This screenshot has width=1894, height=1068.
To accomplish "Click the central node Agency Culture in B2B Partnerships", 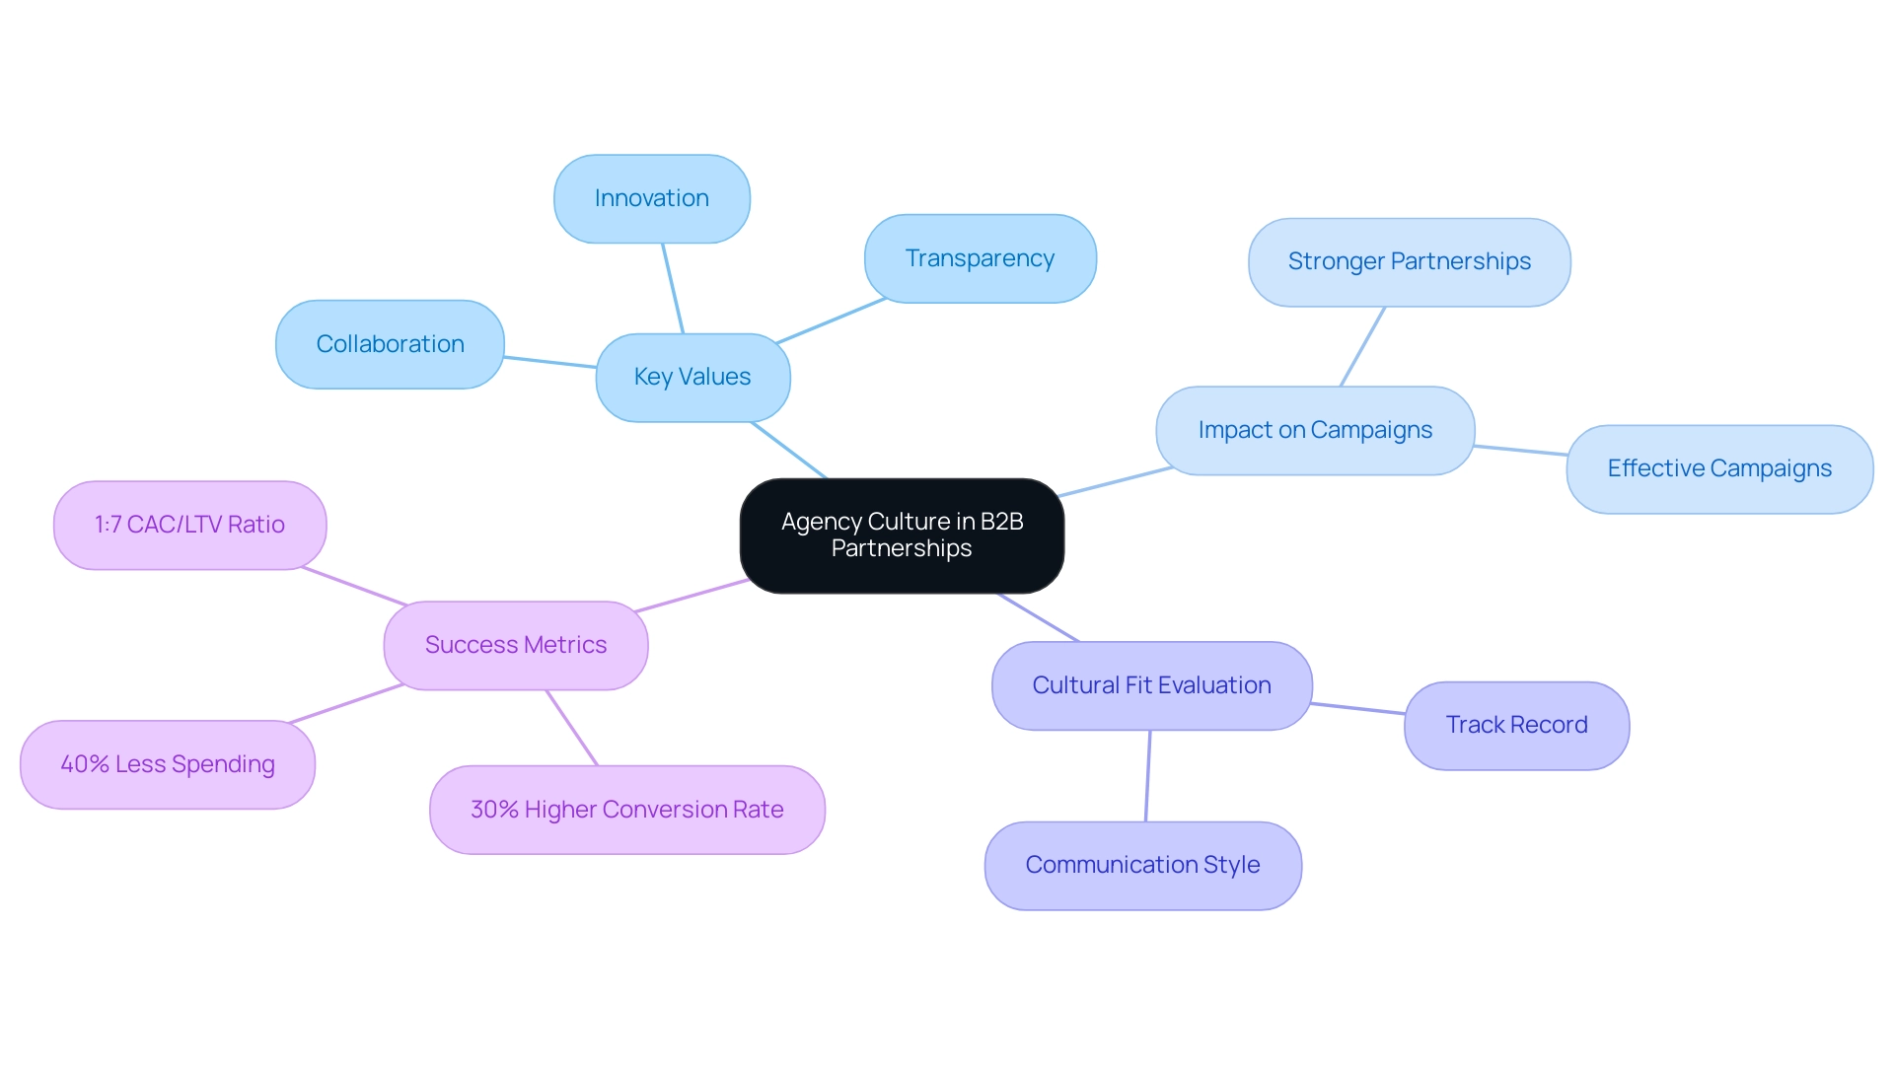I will tap(902, 535).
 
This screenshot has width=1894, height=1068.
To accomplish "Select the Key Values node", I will tap(692, 378).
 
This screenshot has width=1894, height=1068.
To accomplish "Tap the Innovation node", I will tap(651, 198).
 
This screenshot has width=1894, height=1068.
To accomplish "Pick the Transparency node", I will tap(980, 258).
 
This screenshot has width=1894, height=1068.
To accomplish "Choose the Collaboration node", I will tap(390, 344).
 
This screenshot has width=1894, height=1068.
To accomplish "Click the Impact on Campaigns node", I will tap(1315, 430).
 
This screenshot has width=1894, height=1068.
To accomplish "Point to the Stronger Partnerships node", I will tap(1409, 261).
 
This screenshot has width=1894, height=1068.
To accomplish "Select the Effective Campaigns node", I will tap(1718, 468).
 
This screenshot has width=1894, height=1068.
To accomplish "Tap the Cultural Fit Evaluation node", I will tap(1151, 685).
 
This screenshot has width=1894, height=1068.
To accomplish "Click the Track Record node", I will tap(1516, 725).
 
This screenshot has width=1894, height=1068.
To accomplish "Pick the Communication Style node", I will tap(1142, 865).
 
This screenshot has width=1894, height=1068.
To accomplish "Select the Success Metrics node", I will tap(516, 645).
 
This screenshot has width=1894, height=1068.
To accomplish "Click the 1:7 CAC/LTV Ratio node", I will tap(189, 525).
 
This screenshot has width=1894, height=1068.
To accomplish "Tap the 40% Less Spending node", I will tap(168, 764).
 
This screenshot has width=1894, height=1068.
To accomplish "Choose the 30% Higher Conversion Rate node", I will tap(626, 810).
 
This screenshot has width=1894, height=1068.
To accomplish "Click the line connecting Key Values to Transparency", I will tap(831, 320).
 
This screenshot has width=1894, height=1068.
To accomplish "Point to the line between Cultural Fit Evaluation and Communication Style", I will tap(1148, 776).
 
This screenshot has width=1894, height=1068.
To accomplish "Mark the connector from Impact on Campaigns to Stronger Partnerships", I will tap(1362, 346).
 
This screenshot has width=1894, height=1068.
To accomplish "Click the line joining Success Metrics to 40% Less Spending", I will tap(346, 703).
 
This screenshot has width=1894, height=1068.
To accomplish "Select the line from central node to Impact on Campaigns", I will tap(1115, 481).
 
